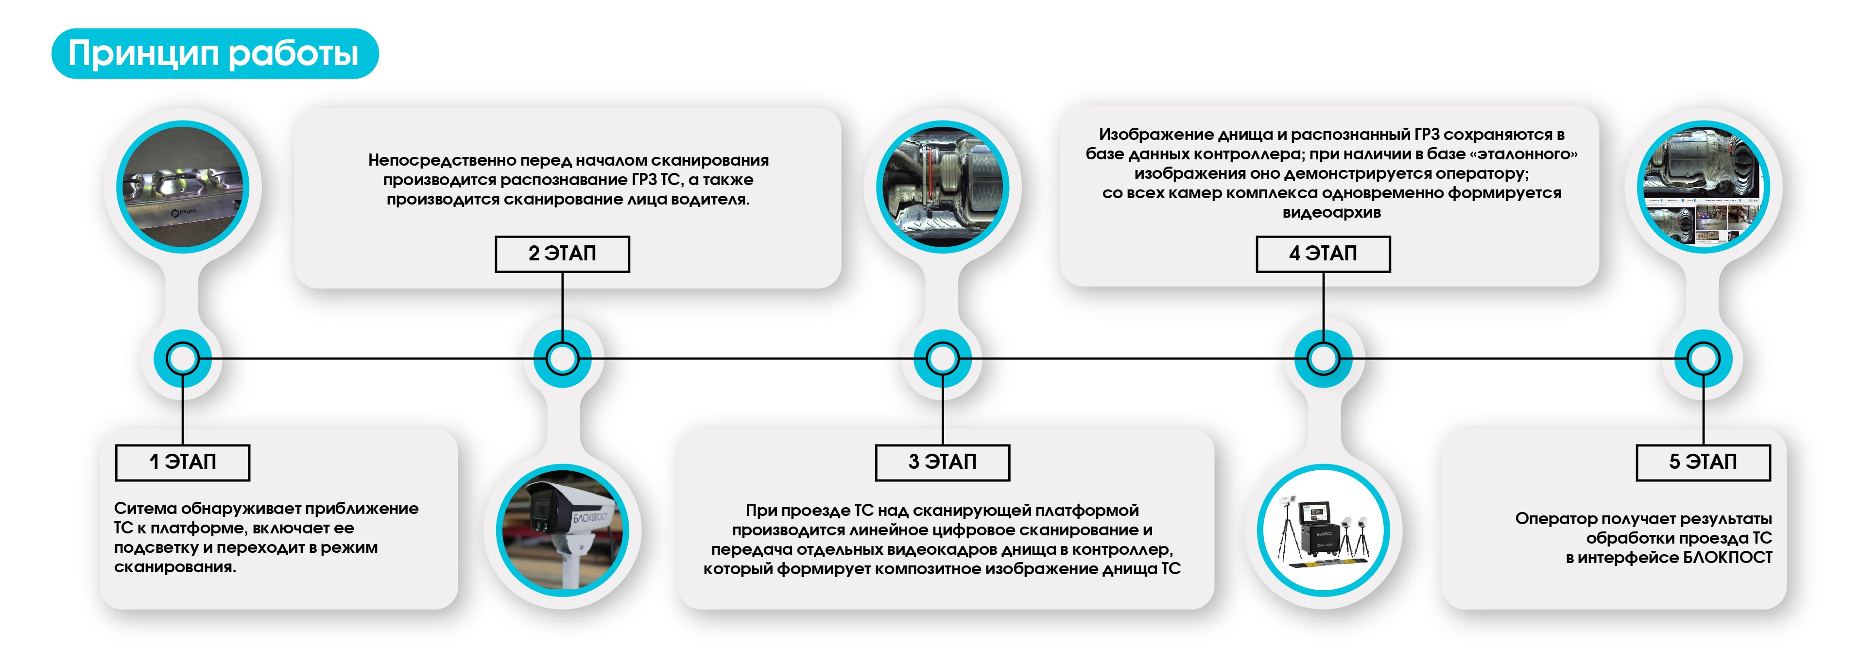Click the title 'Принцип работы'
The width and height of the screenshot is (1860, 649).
214,53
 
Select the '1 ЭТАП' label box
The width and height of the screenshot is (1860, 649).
183,462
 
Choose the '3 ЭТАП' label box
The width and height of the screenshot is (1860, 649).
942,462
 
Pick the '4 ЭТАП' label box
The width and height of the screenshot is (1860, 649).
1323,254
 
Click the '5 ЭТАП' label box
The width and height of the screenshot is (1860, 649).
1703,462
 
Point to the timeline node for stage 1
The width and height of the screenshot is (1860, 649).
183,358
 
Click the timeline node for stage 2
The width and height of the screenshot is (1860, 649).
563,358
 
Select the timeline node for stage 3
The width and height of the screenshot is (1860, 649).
942,358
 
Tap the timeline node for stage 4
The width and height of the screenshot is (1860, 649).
1323,358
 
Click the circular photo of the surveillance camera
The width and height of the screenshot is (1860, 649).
563,530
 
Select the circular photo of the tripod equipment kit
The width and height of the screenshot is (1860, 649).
1323,530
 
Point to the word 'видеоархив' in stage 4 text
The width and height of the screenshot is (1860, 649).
1331,212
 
